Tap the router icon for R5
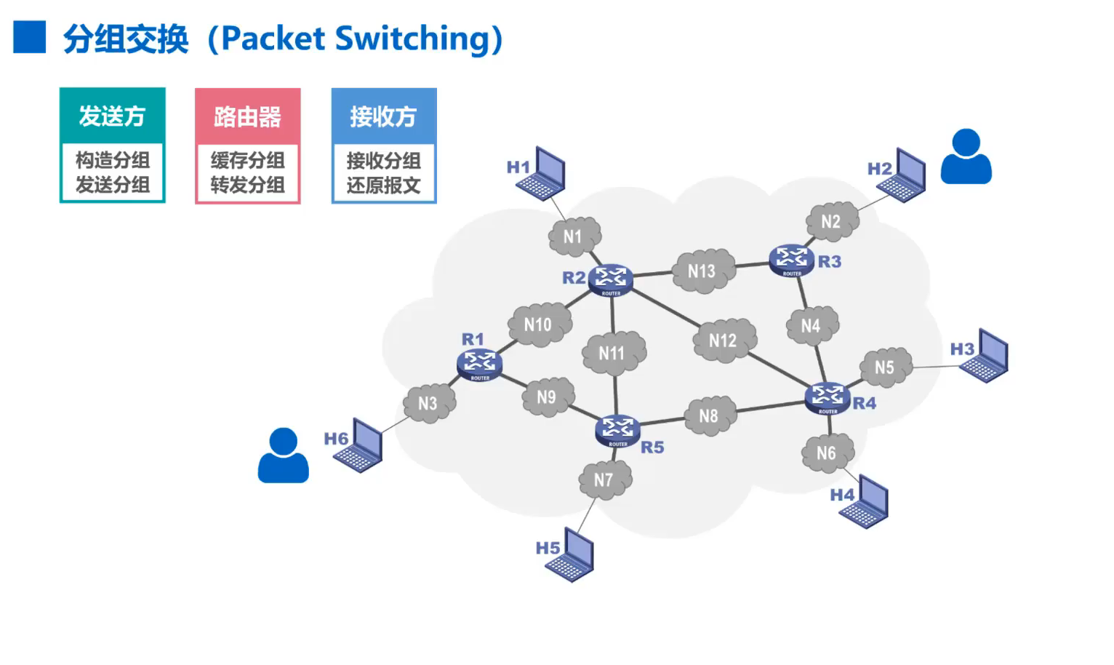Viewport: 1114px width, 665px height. [617, 431]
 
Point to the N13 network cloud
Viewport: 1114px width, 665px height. [702, 271]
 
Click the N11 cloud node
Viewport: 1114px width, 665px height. [613, 354]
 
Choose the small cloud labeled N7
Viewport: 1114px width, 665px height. [604, 480]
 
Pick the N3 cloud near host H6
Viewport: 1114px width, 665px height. [429, 403]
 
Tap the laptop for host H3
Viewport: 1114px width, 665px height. [985, 357]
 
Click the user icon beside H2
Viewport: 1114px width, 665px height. [966, 156]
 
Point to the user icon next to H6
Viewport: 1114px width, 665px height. [284, 455]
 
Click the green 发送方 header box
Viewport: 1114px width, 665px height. [113, 116]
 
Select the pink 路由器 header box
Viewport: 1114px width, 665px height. [248, 116]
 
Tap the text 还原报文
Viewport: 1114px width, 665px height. [383, 185]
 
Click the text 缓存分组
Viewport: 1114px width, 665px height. [248, 160]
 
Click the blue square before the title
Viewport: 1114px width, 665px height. [30, 37]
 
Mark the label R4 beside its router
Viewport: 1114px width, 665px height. [865, 403]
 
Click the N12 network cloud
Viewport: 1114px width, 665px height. [724, 341]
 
